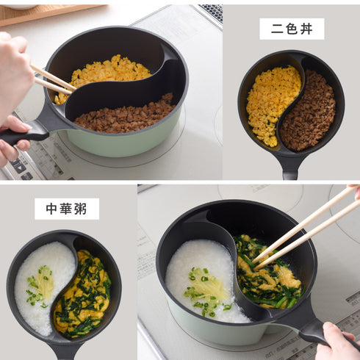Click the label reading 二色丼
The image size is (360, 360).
point(292,29)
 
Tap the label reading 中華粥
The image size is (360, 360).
point(66,209)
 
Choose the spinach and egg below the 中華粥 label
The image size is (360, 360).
point(84,294)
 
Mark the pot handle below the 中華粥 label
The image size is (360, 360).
point(65,351)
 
